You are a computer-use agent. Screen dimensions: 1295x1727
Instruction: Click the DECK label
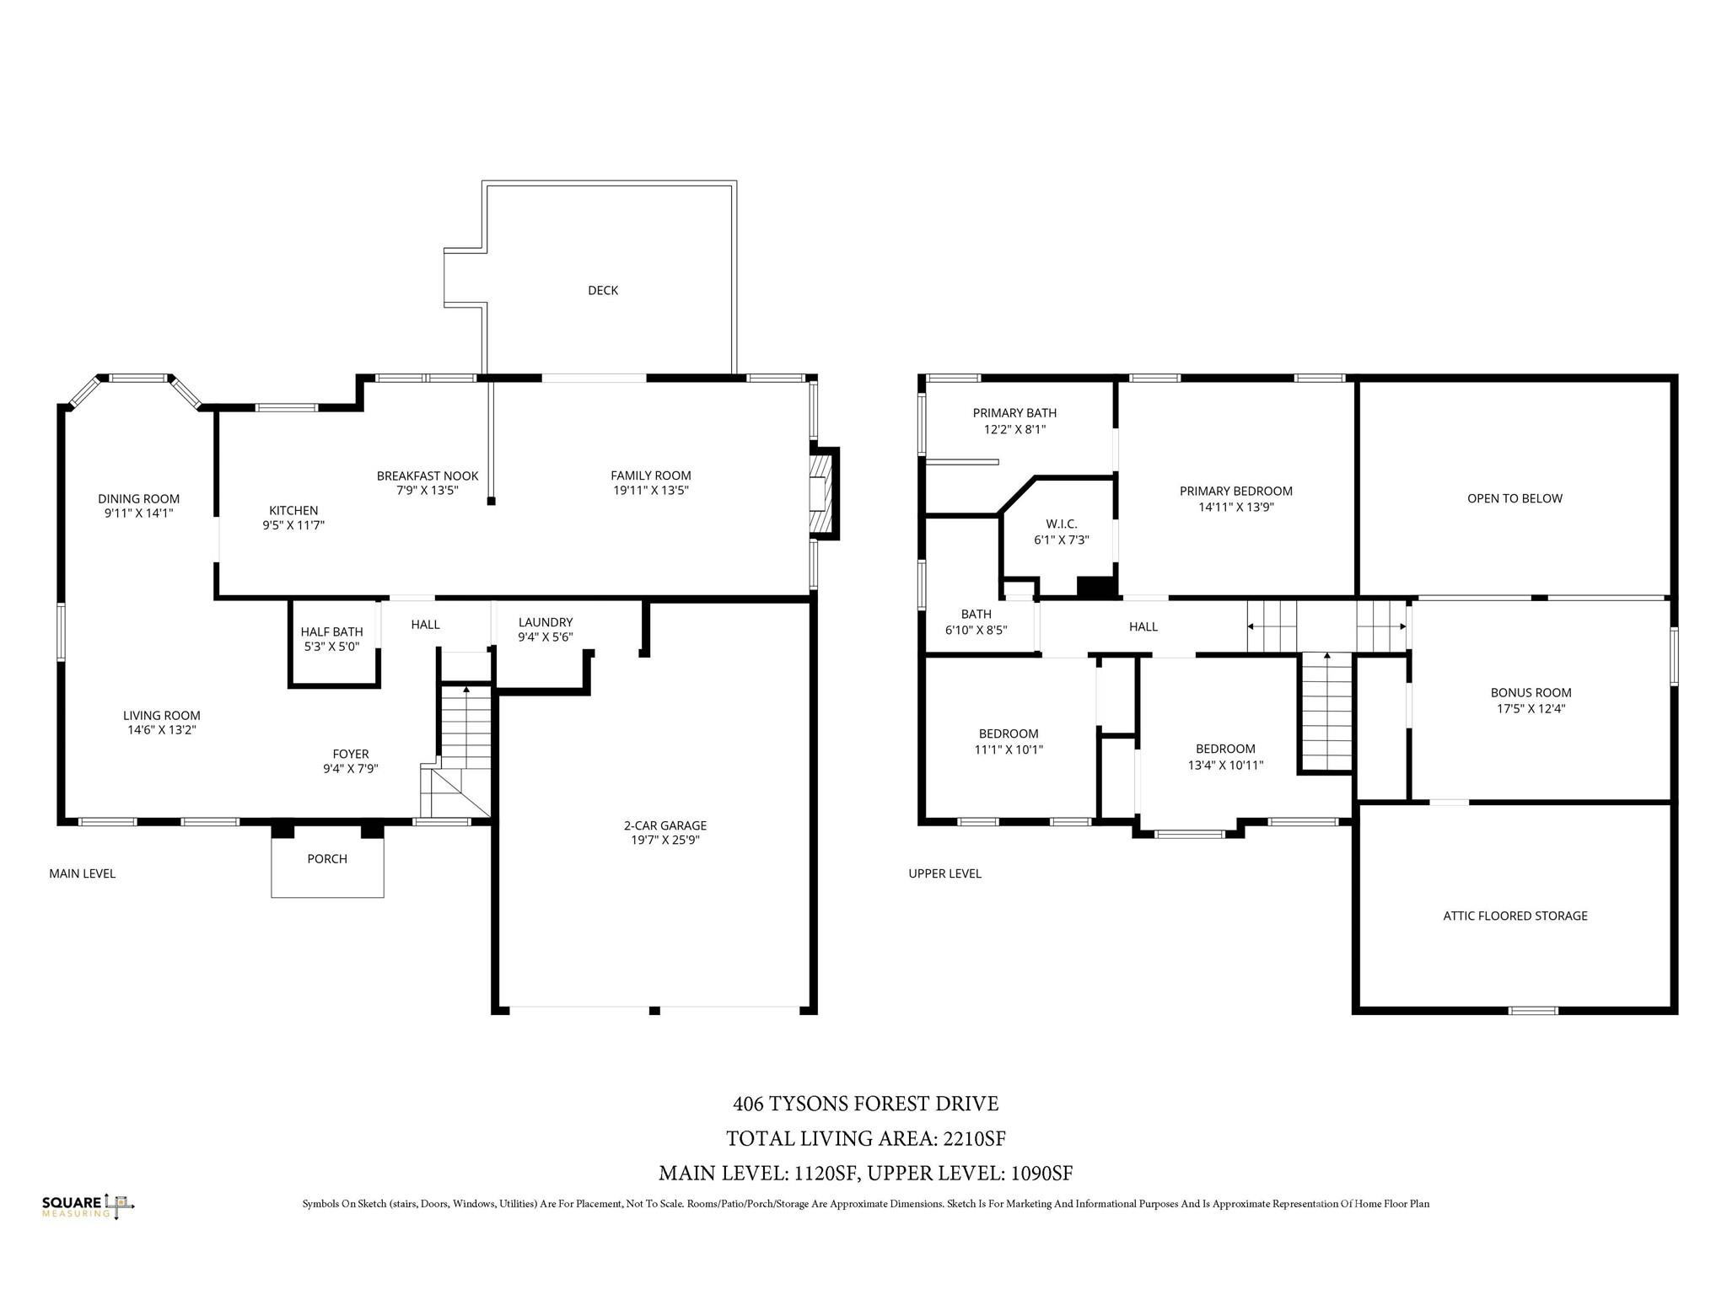pyautogui.click(x=602, y=290)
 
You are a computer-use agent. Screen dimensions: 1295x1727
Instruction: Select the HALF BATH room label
pyautogui.click(x=331, y=631)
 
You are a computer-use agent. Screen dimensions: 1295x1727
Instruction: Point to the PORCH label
pyautogui.click(x=327, y=858)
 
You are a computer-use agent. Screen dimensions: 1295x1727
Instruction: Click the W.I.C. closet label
pyautogui.click(x=1061, y=524)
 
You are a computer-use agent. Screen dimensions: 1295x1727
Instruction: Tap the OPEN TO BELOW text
pyautogui.click(x=1514, y=498)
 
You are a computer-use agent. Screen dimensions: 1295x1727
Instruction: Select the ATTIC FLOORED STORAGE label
pyautogui.click(x=1514, y=916)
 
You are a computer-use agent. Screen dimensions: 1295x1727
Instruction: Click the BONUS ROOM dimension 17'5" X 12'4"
pyautogui.click(x=1531, y=708)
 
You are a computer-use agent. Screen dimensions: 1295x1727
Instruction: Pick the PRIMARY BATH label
pyautogui.click(x=1014, y=412)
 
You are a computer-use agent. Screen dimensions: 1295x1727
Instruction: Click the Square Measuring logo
pyautogui.click(x=88, y=1206)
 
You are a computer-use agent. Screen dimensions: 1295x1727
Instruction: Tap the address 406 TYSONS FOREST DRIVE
pyautogui.click(x=865, y=1103)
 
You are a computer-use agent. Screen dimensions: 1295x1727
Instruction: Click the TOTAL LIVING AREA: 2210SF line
pyautogui.click(x=865, y=1138)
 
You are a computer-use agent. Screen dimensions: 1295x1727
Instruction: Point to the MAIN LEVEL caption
pyautogui.click(x=82, y=873)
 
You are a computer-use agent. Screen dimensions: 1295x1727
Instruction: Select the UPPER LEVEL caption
pyautogui.click(x=944, y=873)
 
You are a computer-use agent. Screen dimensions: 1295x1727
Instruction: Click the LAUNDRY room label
pyautogui.click(x=545, y=622)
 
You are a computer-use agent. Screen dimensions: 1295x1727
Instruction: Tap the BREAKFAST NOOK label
pyautogui.click(x=427, y=476)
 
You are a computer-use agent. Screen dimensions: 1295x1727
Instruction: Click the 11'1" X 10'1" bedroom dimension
pyautogui.click(x=1008, y=749)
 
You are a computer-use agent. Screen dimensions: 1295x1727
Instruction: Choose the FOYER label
pyautogui.click(x=350, y=754)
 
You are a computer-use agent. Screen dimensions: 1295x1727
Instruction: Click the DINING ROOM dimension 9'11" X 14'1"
pyautogui.click(x=138, y=513)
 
